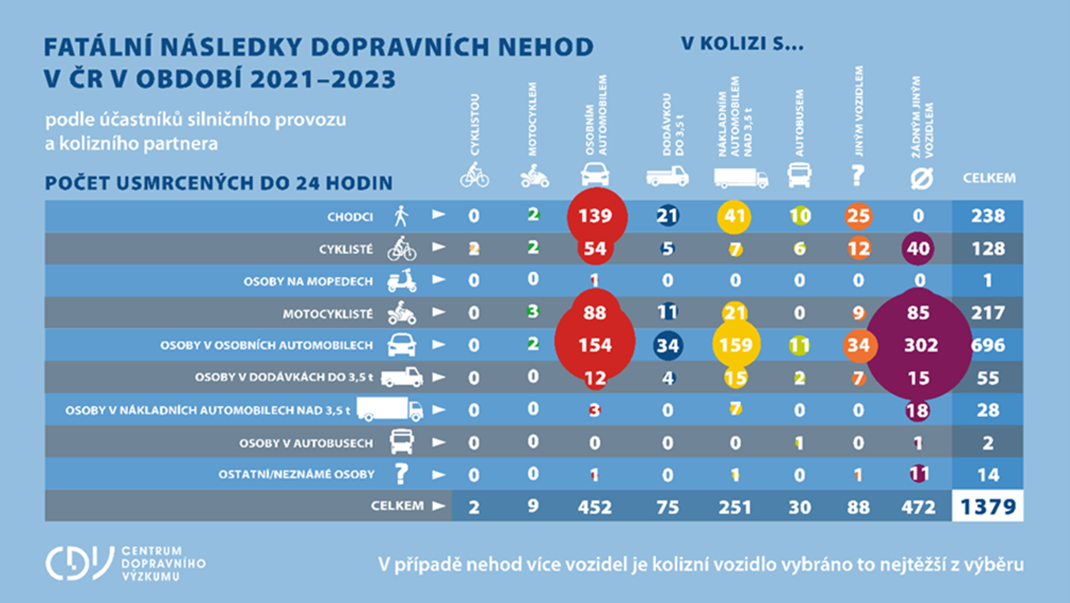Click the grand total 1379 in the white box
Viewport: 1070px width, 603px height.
tap(988, 507)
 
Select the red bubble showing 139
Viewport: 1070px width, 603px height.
tap(596, 216)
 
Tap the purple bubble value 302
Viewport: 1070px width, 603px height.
tap(921, 345)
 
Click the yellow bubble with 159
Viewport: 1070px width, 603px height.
tap(736, 345)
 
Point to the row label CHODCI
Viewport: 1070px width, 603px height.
tap(350, 217)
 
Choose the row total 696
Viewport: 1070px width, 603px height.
tap(988, 345)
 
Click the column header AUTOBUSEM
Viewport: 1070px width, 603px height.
tap(799, 123)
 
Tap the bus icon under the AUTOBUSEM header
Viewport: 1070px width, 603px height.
tap(799, 175)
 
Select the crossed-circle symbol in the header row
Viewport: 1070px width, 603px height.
tap(922, 179)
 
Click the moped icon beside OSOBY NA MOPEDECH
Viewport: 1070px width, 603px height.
tap(402, 280)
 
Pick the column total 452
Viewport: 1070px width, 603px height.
tap(595, 507)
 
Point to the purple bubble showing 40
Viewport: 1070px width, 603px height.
tap(918, 249)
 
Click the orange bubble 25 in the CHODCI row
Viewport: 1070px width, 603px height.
tap(859, 216)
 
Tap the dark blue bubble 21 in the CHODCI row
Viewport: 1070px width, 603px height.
tap(667, 216)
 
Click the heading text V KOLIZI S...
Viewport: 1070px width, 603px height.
tap(742, 44)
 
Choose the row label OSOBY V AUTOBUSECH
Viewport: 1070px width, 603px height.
tap(306, 443)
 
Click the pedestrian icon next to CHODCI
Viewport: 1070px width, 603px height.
tap(401, 216)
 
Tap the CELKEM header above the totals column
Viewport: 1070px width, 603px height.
tap(989, 178)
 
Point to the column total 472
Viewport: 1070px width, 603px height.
tap(918, 507)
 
